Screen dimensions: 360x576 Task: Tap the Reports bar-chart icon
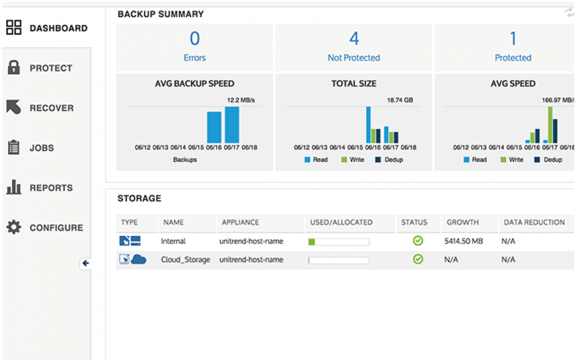[x=14, y=187]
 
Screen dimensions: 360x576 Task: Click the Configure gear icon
[x=14, y=227]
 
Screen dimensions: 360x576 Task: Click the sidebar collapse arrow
[x=86, y=263]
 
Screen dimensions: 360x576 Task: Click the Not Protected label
[x=353, y=58]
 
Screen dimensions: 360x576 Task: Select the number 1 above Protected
[x=513, y=39]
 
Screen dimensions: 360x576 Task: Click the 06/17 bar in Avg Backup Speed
[x=232, y=125]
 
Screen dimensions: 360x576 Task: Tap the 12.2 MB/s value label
[x=241, y=100]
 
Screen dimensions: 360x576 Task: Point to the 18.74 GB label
[x=400, y=100]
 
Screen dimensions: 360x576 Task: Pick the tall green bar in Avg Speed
[x=550, y=124]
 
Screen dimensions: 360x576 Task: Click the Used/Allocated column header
[x=341, y=222]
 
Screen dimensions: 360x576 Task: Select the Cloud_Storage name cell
[x=185, y=260]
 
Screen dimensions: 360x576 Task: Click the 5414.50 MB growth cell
[x=463, y=242]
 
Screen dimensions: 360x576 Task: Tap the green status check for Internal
[x=418, y=241]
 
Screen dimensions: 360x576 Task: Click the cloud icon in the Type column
[x=138, y=259]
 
